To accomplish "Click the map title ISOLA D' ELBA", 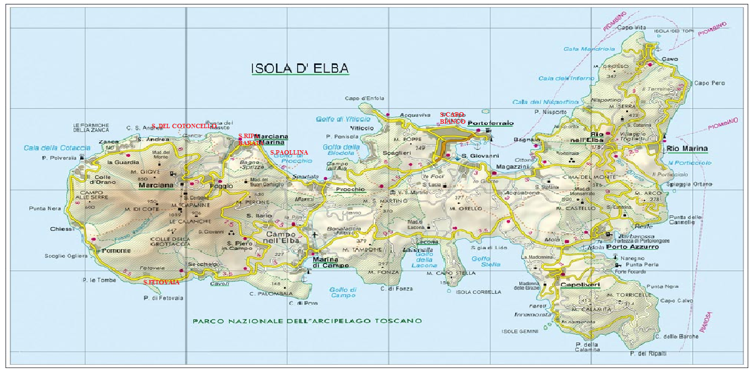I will tap(299, 69).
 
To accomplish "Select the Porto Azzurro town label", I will tap(632, 247).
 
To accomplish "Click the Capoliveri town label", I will tap(580, 284).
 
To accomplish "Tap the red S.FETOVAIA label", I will tap(161, 282).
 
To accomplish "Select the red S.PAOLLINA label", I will tap(289, 152).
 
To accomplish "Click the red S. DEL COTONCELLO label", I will tap(184, 126).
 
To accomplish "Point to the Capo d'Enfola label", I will tap(360, 98).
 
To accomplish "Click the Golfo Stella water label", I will tap(481, 262).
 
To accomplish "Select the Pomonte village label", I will tap(115, 250).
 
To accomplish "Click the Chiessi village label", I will tap(62, 229).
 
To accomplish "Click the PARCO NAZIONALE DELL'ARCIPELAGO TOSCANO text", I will tap(307, 321).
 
